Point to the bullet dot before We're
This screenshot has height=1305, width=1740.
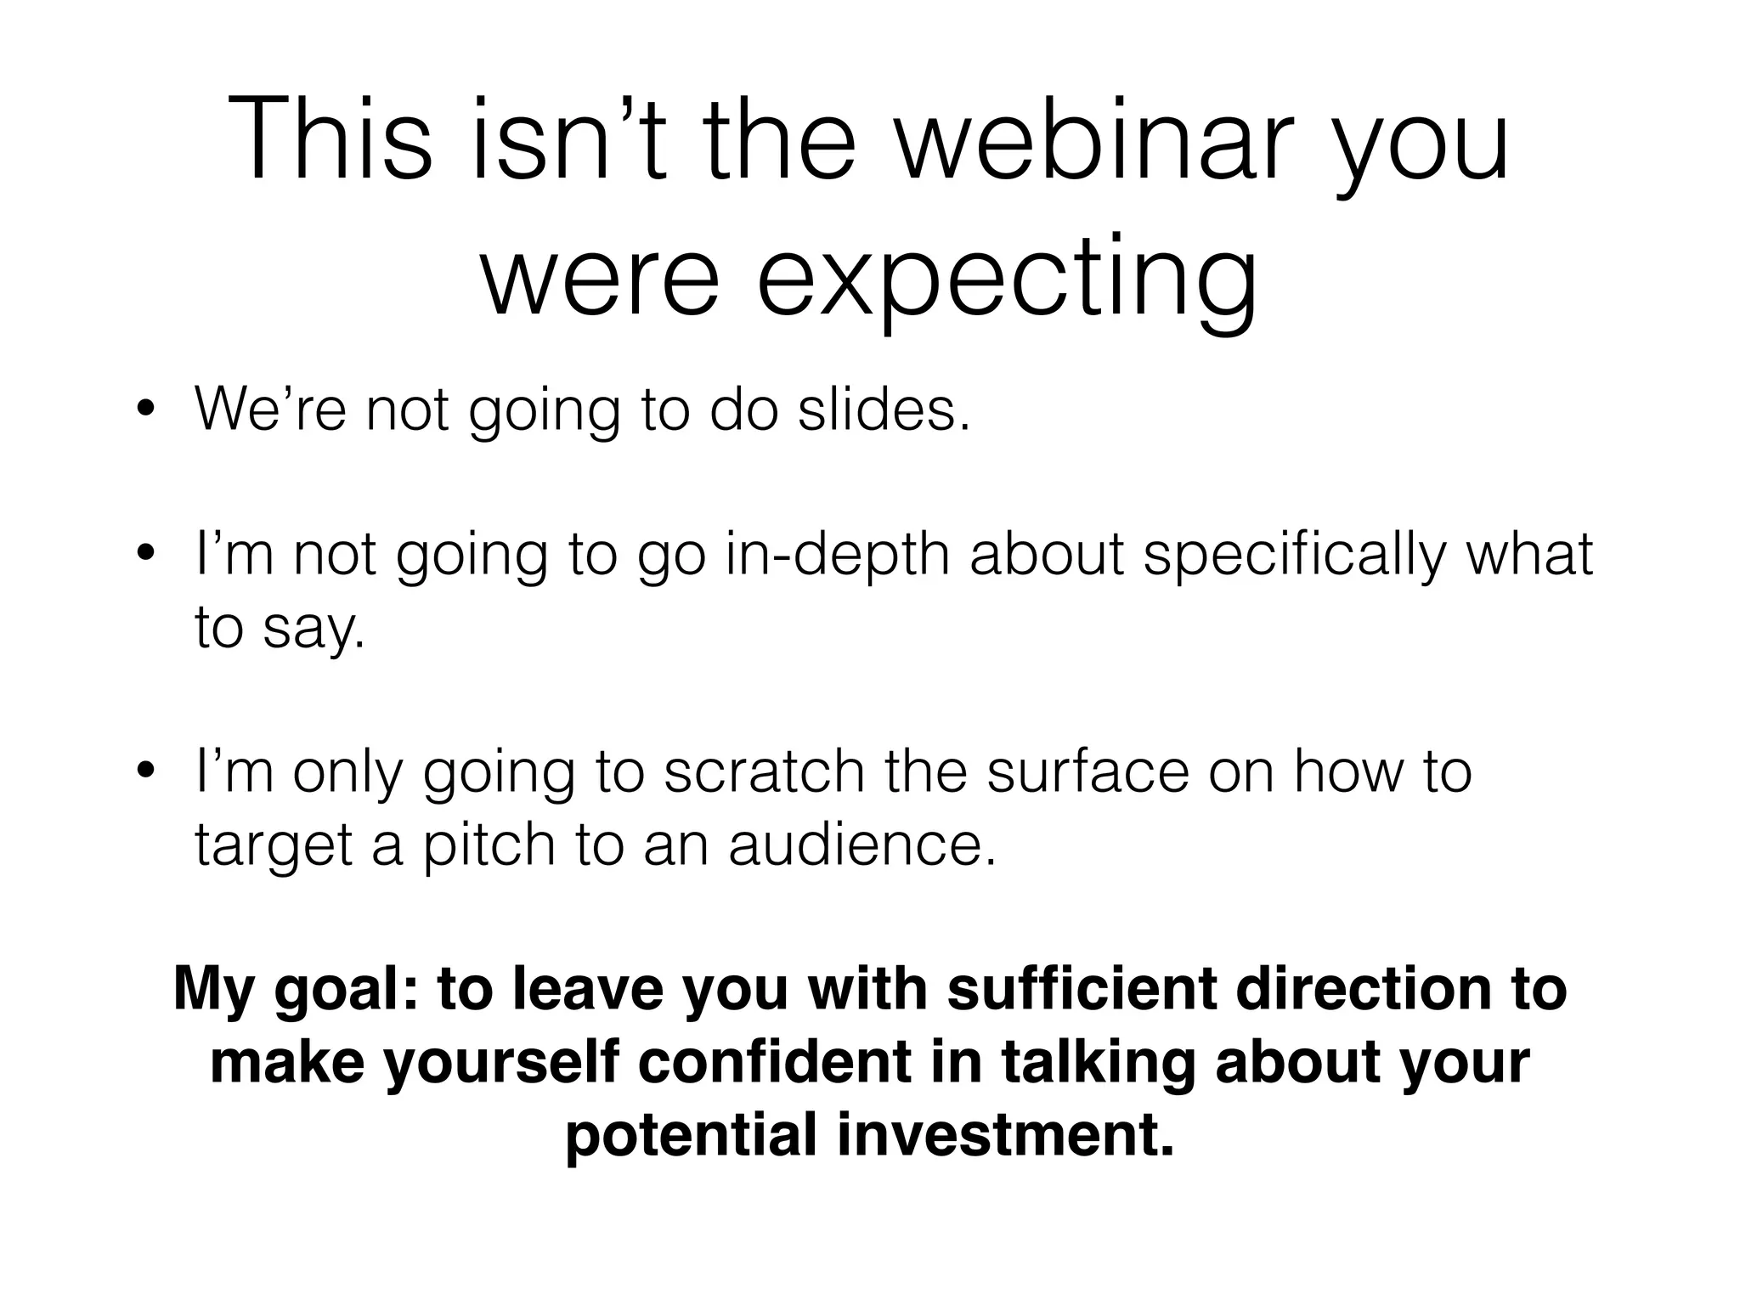point(145,411)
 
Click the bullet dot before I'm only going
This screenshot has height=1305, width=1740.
point(145,773)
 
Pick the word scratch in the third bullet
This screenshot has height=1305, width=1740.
point(763,772)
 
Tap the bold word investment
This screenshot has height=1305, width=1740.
point(1005,1135)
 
